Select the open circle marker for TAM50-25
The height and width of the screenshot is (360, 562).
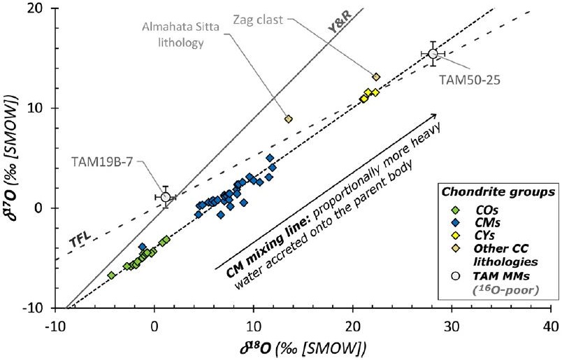(433, 54)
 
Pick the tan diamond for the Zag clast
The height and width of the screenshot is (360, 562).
(376, 77)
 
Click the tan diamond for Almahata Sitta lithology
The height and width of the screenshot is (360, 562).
(288, 119)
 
